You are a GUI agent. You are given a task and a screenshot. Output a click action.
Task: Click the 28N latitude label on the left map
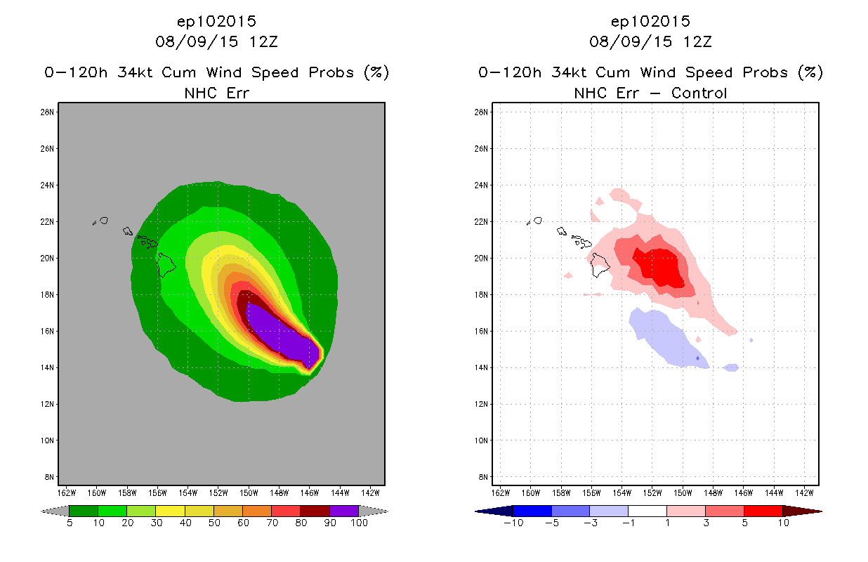tap(49, 112)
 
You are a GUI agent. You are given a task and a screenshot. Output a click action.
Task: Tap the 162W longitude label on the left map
tap(67, 492)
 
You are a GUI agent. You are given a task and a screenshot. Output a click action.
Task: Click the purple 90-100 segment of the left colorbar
tap(344, 511)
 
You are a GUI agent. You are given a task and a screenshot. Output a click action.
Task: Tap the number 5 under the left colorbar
tap(70, 523)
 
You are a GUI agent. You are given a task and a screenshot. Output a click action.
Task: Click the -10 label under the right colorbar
tap(513, 523)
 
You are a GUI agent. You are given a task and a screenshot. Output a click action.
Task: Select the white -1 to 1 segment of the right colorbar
tap(647, 511)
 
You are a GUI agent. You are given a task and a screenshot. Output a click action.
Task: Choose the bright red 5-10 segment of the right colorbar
tap(763, 511)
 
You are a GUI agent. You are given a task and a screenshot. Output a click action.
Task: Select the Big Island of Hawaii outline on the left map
tap(166, 265)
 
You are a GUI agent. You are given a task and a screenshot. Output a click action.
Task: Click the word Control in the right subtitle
tap(699, 93)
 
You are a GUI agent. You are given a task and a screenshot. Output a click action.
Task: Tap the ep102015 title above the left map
tap(216, 21)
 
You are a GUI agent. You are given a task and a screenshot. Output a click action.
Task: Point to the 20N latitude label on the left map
tap(49, 258)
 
